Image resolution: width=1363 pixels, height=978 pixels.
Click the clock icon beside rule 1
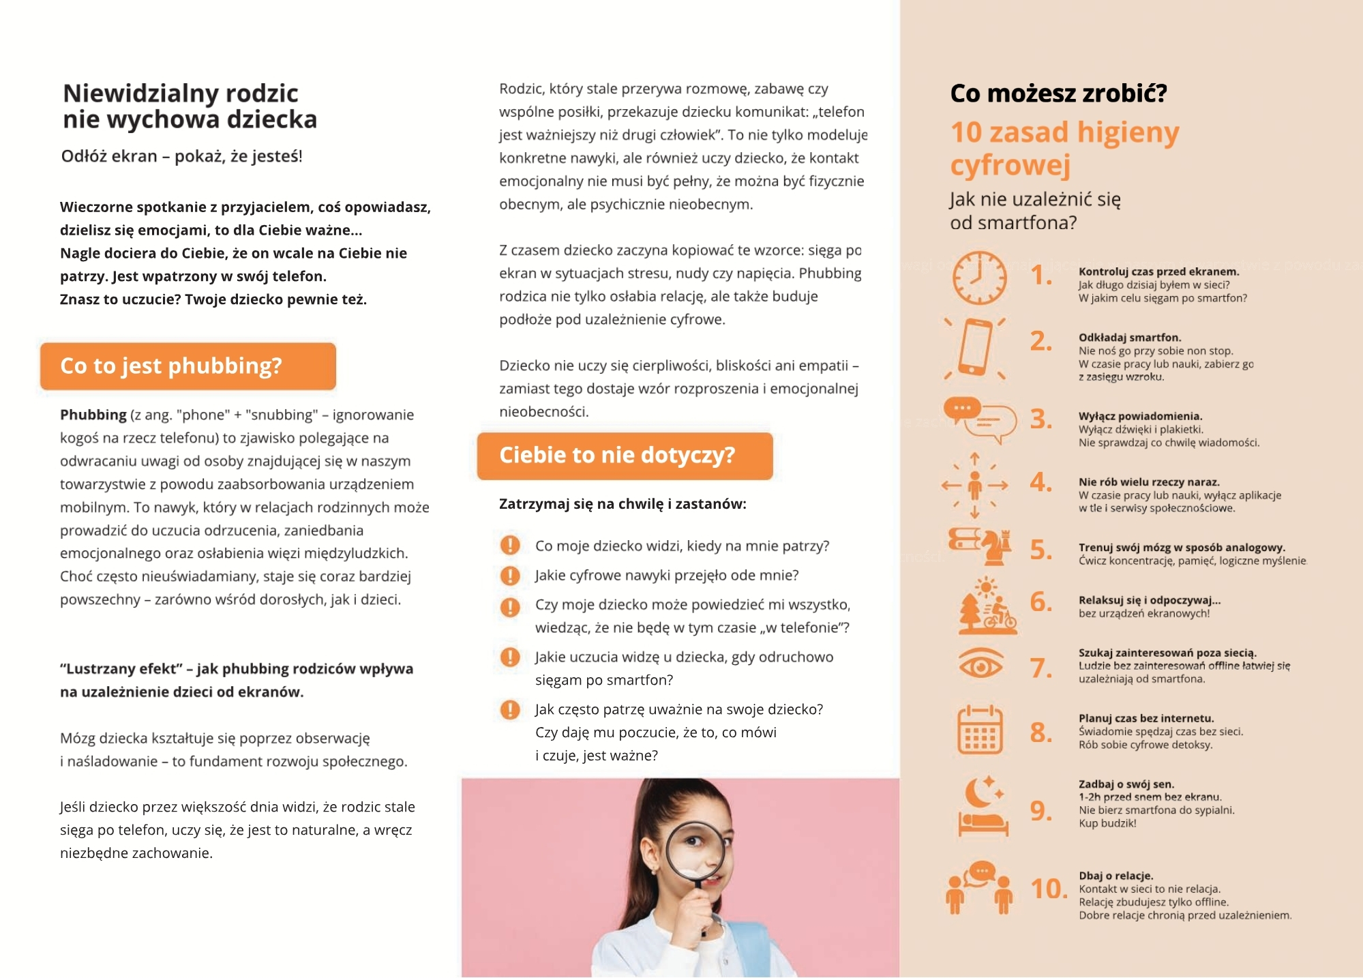[x=979, y=278]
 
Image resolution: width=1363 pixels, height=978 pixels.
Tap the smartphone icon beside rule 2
[x=974, y=347]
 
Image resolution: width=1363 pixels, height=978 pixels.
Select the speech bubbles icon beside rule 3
[x=980, y=419]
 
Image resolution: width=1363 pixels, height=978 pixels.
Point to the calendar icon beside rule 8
[x=980, y=730]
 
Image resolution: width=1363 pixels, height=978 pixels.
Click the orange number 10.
[x=1049, y=889]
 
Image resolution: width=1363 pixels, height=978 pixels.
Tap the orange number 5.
[x=1040, y=550]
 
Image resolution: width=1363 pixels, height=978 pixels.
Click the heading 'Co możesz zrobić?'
[x=1058, y=93]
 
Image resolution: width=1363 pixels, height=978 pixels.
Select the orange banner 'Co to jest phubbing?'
[x=188, y=366]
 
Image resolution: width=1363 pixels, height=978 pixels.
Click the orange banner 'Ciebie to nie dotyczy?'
[x=625, y=456]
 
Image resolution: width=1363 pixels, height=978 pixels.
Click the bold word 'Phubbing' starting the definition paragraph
[x=93, y=415]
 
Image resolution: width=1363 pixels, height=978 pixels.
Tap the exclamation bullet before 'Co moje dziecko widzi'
[x=510, y=546]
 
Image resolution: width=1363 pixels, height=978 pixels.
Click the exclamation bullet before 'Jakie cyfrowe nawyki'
[x=510, y=576]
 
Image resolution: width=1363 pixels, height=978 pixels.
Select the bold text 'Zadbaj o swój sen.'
[x=1126, y=784]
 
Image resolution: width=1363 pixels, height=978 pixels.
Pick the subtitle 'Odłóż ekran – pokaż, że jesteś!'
[x=181, y=156]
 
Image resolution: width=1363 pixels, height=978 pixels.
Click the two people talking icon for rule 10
[x=979, y=887]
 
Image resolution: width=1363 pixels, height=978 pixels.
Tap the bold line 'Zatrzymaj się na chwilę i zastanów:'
[x=623, y=504]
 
